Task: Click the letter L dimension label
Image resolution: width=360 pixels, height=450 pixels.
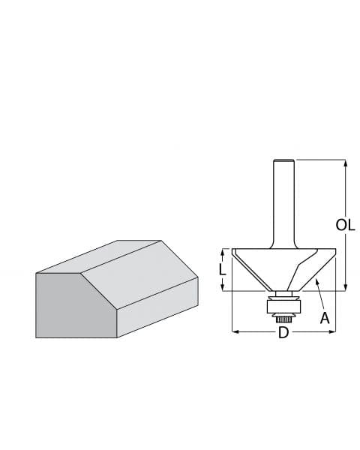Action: coord(222,269)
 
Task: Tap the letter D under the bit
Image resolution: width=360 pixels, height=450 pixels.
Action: coord(283,332)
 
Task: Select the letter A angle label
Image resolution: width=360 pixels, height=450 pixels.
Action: coord(325,318)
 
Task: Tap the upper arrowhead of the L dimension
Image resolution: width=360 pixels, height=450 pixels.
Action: coord(223,252)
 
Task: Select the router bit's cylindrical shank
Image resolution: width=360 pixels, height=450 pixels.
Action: coord(283,202)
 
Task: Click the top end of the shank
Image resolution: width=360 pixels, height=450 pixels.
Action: coord(283,160)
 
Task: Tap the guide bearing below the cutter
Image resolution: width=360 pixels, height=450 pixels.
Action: coord(283,304)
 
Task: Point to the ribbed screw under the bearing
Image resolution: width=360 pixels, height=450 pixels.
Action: coord(283,316)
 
